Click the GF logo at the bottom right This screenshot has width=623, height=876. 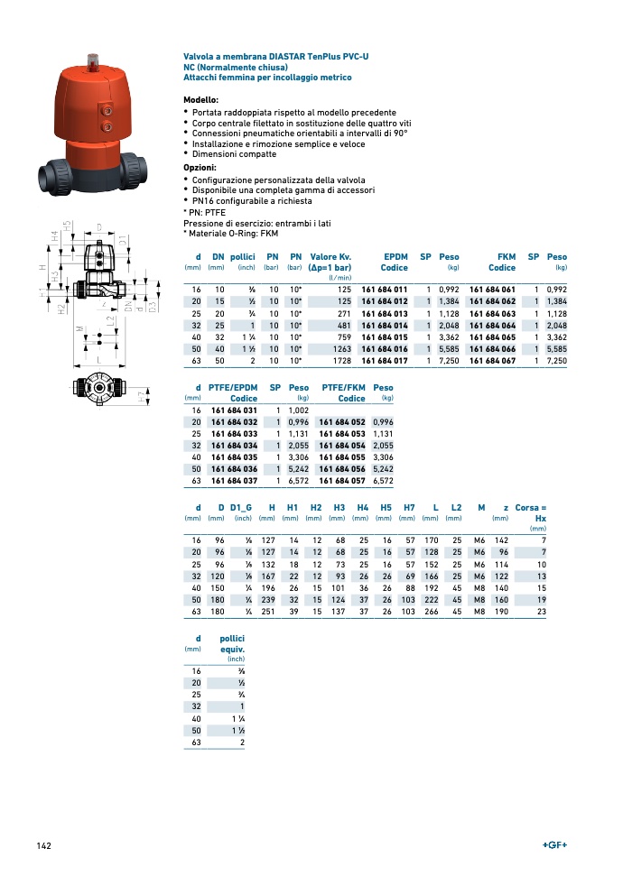point(554,844)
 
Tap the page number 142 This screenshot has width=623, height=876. point(43,845)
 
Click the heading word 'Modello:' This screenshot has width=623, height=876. point(200,99)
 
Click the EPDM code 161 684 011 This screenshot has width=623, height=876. point(384,289)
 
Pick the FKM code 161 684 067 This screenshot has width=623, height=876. point(492,361)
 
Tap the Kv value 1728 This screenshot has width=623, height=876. point(341,361)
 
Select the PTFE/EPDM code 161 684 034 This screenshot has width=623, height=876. point(234,446)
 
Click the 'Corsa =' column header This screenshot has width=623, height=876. point(530,508)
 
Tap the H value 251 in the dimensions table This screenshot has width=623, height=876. point(266,612)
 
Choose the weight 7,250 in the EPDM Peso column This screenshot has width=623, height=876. point(448,361)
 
